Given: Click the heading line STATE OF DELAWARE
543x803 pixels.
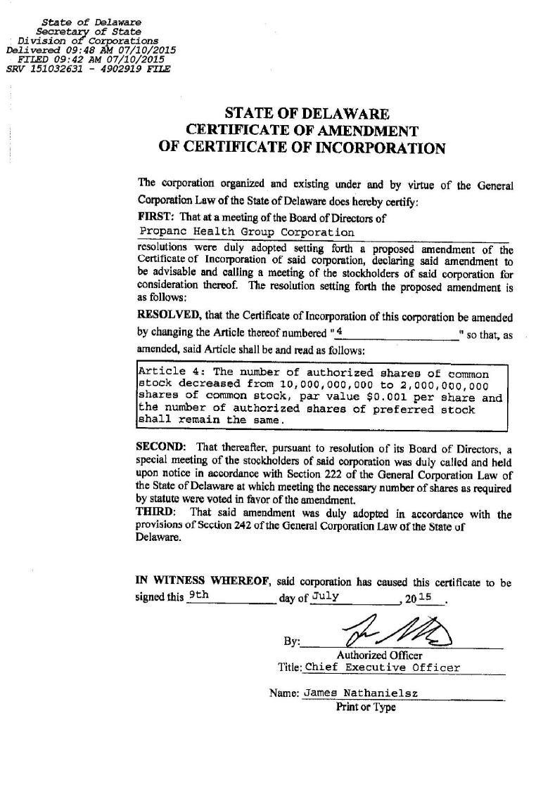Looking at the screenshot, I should (x=307, y=113).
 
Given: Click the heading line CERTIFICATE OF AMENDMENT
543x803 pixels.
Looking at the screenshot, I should (x=302, y=131).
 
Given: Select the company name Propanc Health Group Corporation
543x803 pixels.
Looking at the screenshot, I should (x=247, y=232).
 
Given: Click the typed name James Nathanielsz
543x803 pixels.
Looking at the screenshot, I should (x=360, y=693).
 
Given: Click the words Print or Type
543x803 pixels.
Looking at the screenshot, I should (x=366, y=707).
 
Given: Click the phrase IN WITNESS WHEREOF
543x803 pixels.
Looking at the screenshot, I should (x=203, y=582).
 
